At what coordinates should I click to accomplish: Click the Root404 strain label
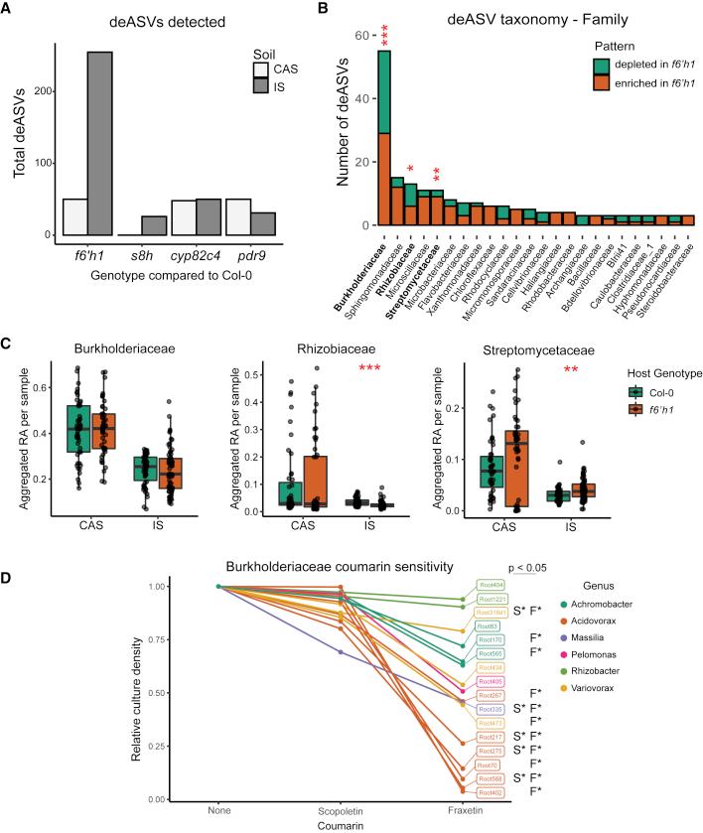491,586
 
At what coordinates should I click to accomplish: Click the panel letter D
8,549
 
